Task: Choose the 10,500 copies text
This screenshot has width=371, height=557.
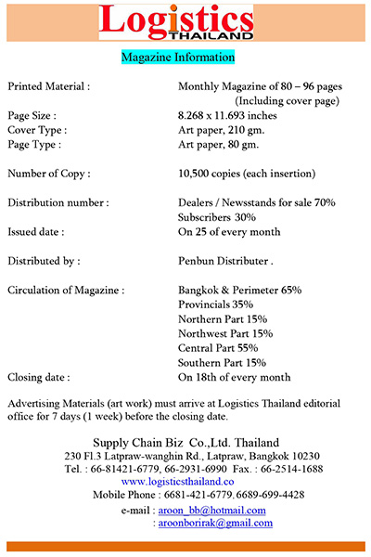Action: pos(246,174)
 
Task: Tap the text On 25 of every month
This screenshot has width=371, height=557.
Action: pos(228,231)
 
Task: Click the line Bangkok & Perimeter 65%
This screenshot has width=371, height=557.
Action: pos(239,291)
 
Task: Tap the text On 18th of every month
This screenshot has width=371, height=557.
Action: pos(234,378)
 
